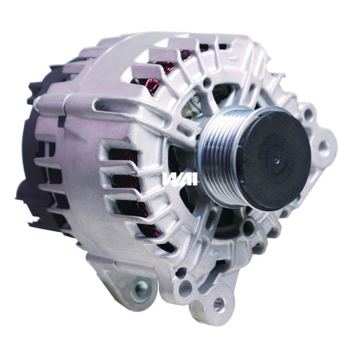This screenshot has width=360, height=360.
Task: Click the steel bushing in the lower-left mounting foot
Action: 141,287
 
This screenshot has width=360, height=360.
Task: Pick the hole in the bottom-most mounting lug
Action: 219,304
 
